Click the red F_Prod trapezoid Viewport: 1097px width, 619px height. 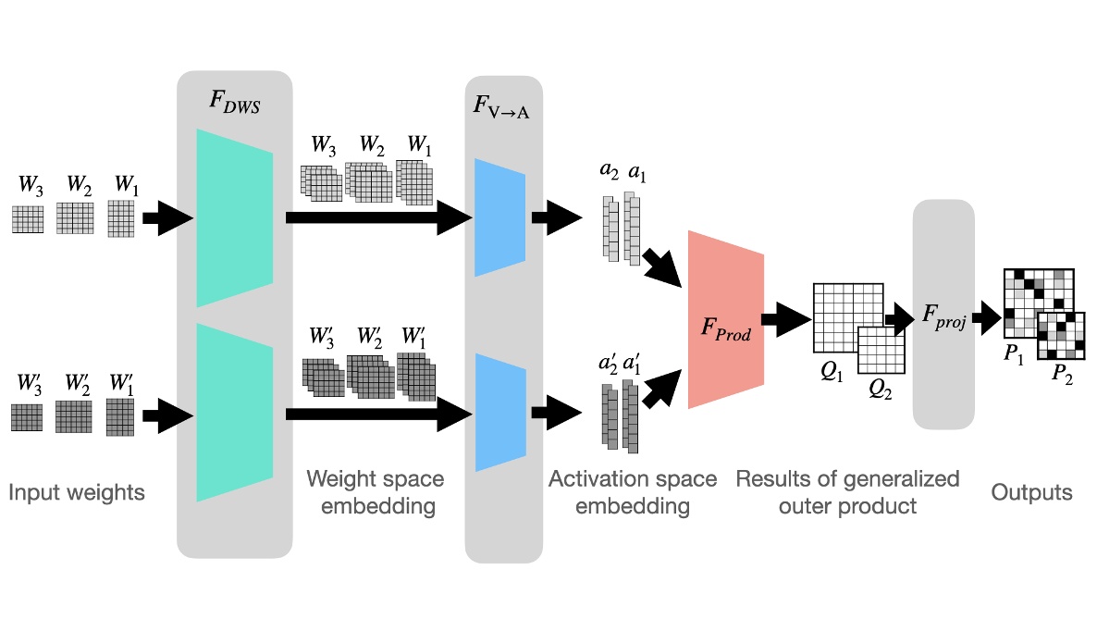(x=725, y=319)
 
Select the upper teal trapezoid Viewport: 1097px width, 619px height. (x=234, y=217)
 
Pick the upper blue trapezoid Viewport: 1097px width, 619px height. (x=499, y=217)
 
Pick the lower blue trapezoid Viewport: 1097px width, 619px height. (x=499, y=413)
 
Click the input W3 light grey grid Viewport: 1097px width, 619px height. (x=28, y=219)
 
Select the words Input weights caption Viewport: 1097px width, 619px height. (x=77, y=491)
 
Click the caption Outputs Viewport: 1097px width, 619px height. (x=1031, y=491)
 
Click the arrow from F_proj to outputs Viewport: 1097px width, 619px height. (x=986, y=319)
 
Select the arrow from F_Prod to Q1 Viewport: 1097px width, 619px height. (x=788, y=319)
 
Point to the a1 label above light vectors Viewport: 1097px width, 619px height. (x=636, y=171)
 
